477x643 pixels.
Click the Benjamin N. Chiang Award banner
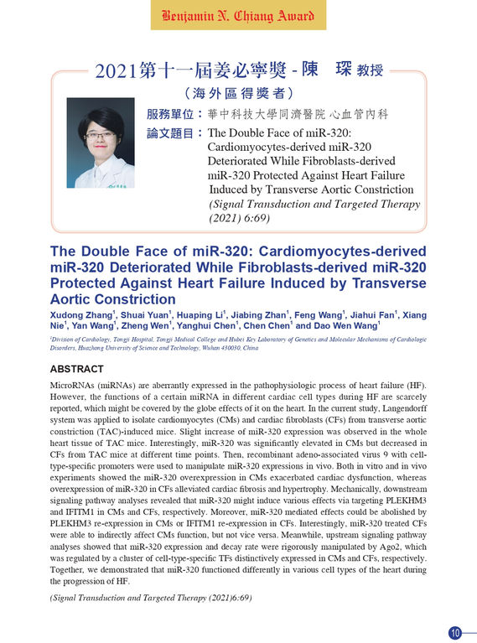[x=238, y=16]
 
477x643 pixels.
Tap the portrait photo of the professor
[x=100, y=143]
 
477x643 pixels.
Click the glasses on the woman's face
[x=100, y=135]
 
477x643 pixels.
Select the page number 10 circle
[x=455, y=632]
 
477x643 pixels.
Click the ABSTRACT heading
[x=77, y=369]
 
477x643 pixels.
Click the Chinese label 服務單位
[x=170, y=114]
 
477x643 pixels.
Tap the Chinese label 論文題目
[x=170, y=133]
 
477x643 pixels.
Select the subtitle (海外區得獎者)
[x=238, y=93]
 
